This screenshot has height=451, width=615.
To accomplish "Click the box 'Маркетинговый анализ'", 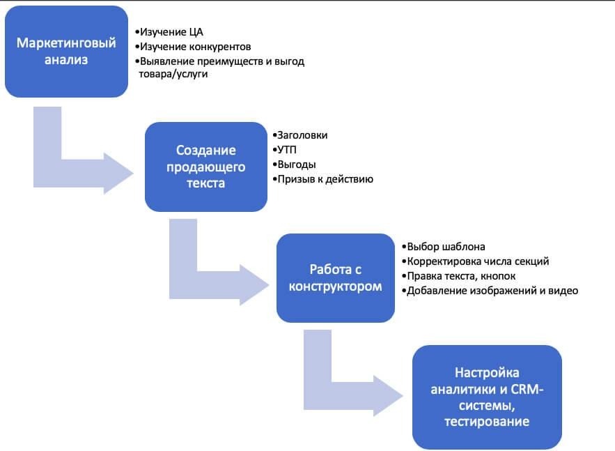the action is (x=66, y=52).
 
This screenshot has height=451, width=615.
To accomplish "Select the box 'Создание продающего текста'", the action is (x=206, y=167).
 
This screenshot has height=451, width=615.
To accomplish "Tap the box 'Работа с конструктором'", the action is (x=335, y=278).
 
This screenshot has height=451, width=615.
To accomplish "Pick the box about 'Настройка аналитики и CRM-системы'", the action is (x=487, y=397).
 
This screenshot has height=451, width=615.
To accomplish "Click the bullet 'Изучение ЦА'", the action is (x=169, y=32).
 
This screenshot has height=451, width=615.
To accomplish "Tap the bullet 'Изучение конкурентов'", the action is (x=193, y=47).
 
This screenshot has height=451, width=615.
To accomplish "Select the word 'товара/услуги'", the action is (x=173, y=74).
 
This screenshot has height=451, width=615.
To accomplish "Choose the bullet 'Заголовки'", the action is (x=300, y=135).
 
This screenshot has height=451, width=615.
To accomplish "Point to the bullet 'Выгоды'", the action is (x=294, y=165).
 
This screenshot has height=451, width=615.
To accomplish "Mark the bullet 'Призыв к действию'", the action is (x=322, y=179).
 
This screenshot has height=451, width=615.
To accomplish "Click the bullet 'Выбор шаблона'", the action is (x=444, y=247).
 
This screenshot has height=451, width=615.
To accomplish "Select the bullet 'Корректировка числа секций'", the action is (x=476, y=261).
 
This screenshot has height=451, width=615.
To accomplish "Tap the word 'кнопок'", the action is (x=498, y=276).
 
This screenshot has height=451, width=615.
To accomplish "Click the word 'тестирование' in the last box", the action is (x=487, y=422).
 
